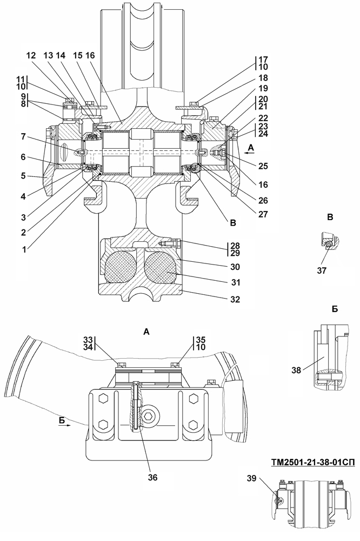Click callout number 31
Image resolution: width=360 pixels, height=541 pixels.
point(236,282)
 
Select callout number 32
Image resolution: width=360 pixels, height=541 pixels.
point(236,299)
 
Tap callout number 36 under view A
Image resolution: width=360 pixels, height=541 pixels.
point(152,477)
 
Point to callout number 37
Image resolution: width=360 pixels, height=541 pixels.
point(322,271)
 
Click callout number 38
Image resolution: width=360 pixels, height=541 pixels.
point(296,370)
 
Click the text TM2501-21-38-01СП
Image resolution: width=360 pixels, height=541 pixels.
point(313,461)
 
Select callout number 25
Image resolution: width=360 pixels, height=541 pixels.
point(263,166)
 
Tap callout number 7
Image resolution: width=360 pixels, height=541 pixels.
point(23,137)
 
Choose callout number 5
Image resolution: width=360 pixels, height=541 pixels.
point(23,176)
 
